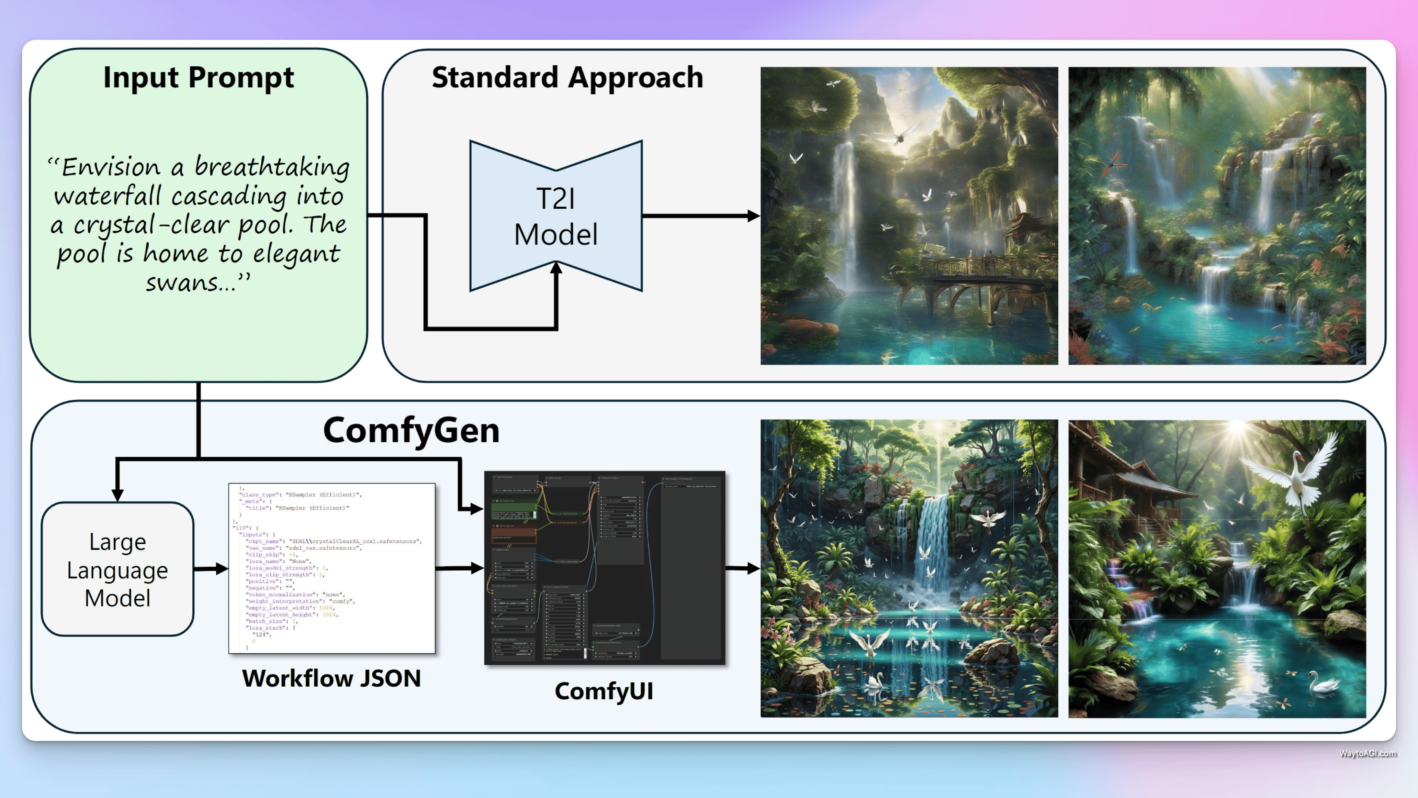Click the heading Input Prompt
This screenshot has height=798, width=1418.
click(x=198, y=77)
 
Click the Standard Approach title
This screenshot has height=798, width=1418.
click(x=567, y=77)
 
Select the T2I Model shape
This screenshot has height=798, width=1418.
click(x=556, y=216)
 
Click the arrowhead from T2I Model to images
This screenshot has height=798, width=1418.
click(x=753, y=216)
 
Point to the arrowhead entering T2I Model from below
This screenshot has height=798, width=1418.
click(x=556, y=268)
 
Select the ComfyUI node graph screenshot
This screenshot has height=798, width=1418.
click(x=605, y=568)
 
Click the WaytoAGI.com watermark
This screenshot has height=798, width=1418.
click(x=1368, y=753)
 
